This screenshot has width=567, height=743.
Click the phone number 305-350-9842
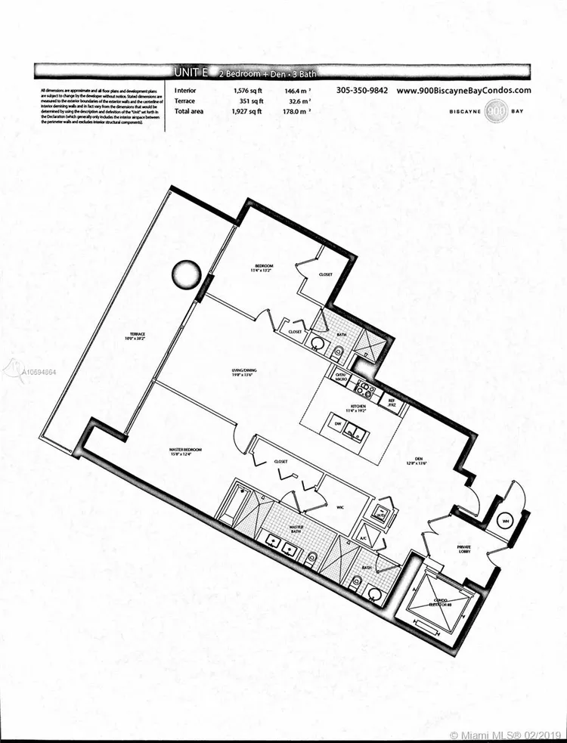pos(362,90)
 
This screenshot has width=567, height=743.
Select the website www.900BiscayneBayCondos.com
pos(463,90)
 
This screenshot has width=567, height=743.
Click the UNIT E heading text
pos(191,73)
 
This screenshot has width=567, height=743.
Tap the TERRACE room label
pos(137,336)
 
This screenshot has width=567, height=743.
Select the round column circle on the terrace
pos(186,274)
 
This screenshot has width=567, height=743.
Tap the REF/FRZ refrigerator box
pos(392,403)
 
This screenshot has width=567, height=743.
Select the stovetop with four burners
pos(364,391)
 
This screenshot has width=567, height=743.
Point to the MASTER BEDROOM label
pos(184,452)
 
